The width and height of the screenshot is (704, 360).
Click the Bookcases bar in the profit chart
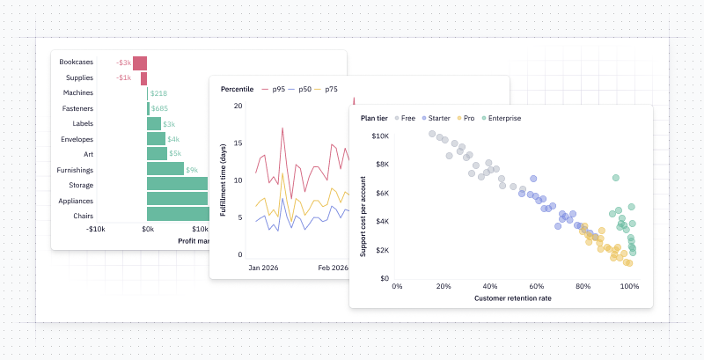(x=140, y=62)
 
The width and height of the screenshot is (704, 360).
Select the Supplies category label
(x=79, y=77)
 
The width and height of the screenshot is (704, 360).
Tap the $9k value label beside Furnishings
(x=192, y=170)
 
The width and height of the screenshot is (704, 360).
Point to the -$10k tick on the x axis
(x=95, y=229)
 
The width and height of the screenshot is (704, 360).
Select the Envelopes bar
(x=156, y=139)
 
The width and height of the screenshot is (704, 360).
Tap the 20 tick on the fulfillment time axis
(x=238, y=106)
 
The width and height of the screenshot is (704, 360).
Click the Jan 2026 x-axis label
(x=263, y=267)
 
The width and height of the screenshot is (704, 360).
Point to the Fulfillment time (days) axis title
(x=224, y=180)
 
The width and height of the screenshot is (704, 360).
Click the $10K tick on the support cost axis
(x=380, y=136)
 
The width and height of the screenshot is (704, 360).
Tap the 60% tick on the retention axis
(x=537, y=286)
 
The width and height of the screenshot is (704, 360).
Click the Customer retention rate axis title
(x=514, y=298)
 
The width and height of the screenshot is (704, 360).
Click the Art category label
(x=88, y=154)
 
